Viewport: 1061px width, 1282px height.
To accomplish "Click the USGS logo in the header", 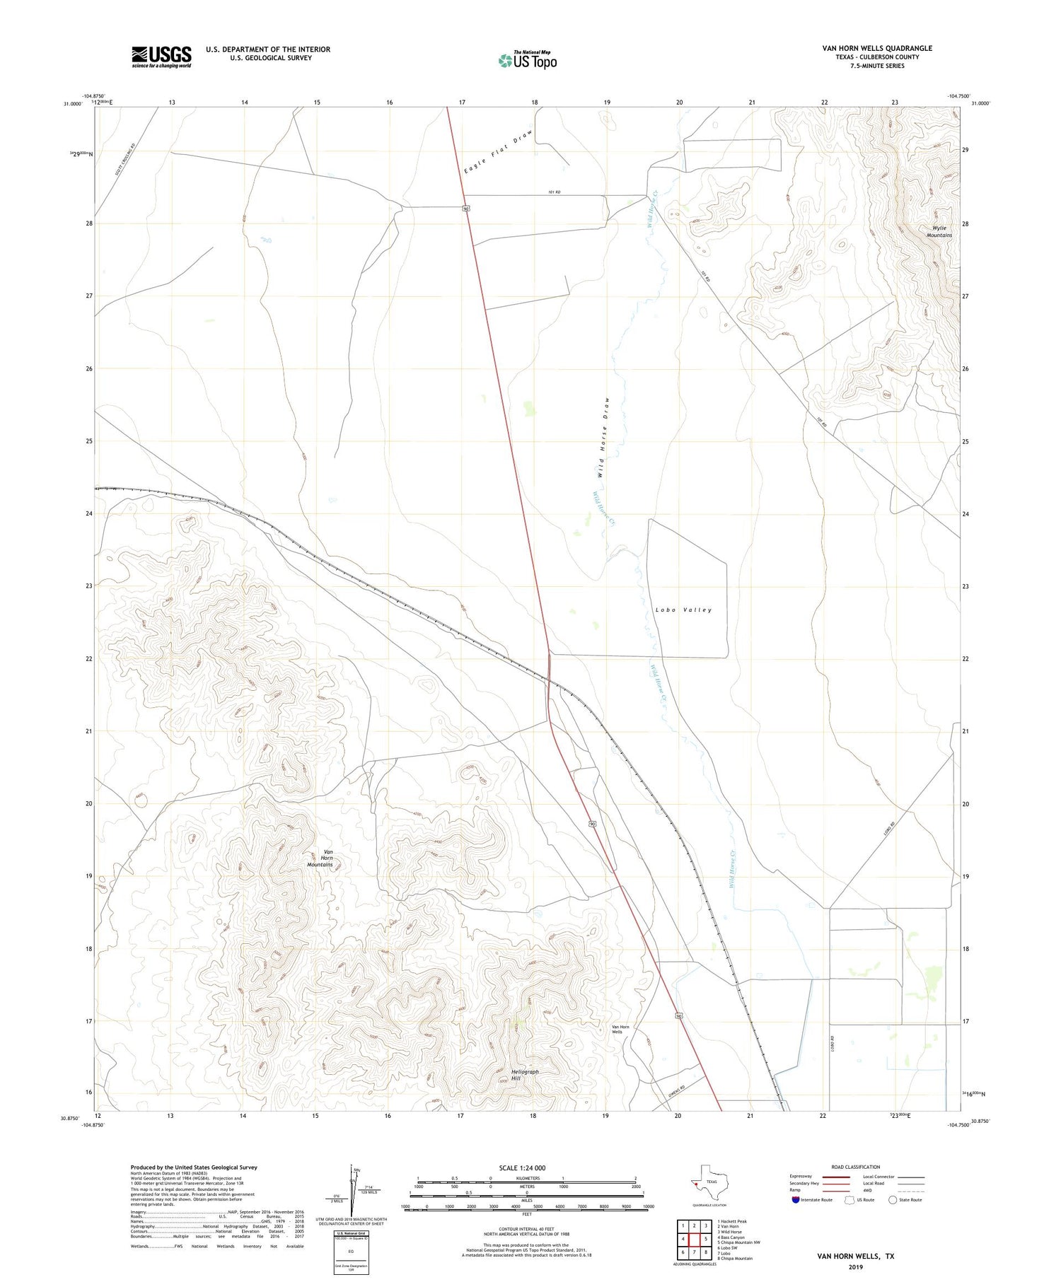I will [x=161, y=57].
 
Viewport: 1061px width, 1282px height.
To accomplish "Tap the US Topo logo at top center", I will [x=527, y=61].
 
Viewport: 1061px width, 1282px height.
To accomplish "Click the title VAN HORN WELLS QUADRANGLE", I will [x=876, y=48].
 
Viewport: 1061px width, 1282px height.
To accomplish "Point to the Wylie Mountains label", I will [x=939, y=231].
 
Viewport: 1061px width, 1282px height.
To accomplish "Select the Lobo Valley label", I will [x=683, y=610].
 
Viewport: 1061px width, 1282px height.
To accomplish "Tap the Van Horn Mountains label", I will [x=320, y=858].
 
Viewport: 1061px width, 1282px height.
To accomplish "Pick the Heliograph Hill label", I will [x=525, y=1075].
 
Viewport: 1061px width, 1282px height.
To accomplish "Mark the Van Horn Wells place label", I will [x=620, y=1029].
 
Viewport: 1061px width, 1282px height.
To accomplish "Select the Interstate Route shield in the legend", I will [x=796, y=1199].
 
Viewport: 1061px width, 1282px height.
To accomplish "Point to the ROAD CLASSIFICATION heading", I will [x=856, y=1167].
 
